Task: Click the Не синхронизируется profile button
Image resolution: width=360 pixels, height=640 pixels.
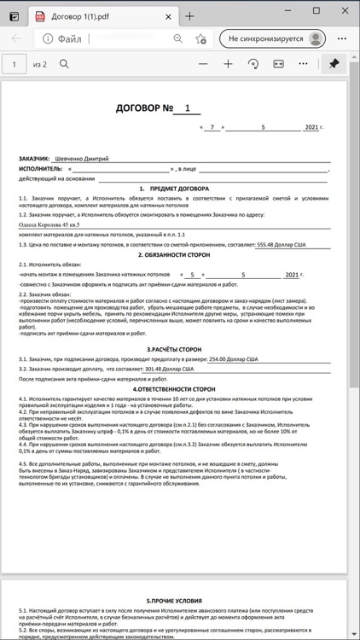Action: tap(274, 38)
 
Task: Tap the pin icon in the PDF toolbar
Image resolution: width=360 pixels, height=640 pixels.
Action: tap(334, 64)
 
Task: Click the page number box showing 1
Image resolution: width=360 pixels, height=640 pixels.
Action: tap(15, 64)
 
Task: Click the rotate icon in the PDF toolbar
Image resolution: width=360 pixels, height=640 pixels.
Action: tap(253, 64)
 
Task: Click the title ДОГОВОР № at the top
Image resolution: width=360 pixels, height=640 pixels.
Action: tap(145, 108)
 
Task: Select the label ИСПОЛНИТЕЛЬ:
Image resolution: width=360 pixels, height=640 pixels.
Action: tap(41, 168)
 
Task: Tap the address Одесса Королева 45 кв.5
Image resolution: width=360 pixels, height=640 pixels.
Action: tap(54, 224)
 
